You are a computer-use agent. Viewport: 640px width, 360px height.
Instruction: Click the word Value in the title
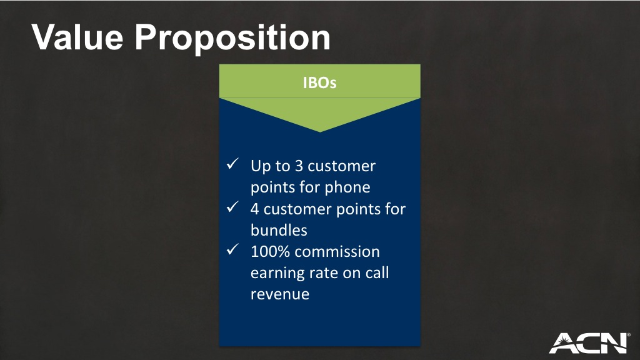(77, 37)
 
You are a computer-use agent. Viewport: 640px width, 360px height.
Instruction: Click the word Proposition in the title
(232, 39)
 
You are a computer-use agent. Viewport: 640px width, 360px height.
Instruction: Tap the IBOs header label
(319, 82)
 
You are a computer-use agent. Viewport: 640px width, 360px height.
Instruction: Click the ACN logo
(589, 343)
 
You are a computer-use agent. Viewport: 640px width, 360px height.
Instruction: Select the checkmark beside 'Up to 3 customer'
(232, 164)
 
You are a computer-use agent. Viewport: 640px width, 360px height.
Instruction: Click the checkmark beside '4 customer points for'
(232, 207)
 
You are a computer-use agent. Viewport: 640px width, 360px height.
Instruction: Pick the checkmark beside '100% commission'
(232, 249)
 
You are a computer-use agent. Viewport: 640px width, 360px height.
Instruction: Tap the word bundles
(279, 230)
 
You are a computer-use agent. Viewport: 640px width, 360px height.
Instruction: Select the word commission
(337, 252)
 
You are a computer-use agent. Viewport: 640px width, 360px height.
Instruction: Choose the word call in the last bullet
(377, 272)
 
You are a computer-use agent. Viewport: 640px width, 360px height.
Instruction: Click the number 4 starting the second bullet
(255, 209)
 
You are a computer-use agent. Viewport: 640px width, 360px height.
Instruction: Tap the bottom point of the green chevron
(320, 132)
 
